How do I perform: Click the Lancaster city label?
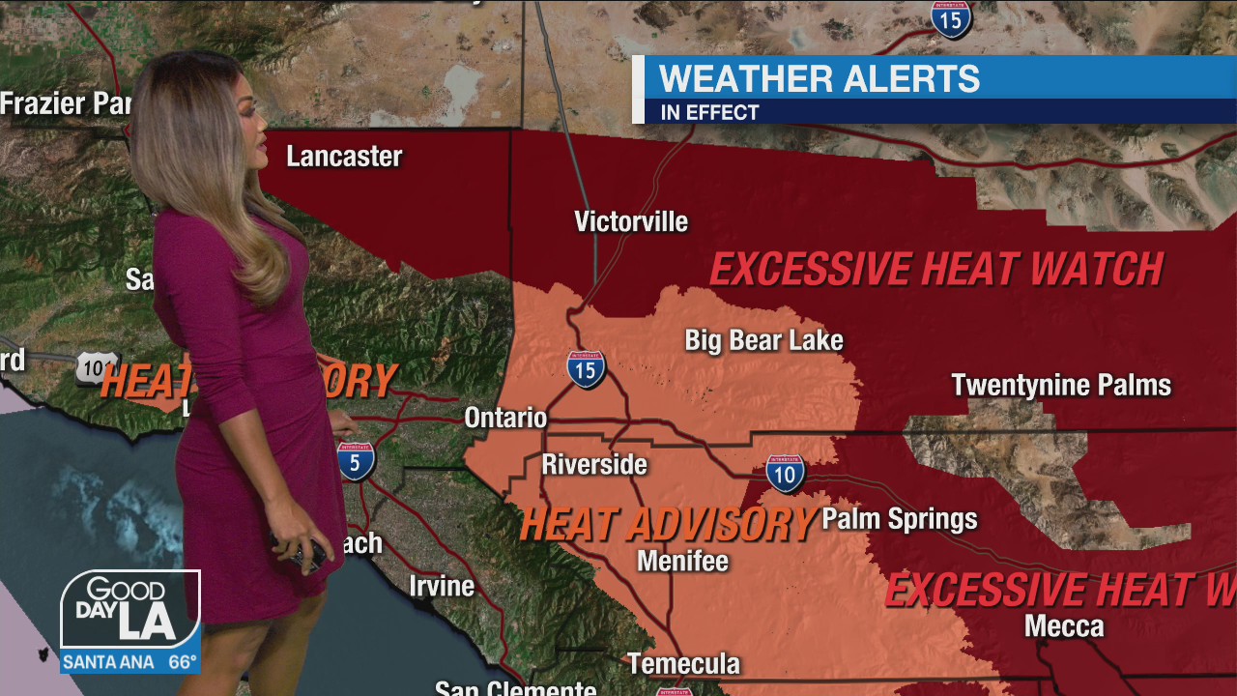point(344,157)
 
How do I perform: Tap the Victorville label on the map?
point(631,221)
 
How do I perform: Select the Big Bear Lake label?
point(763,340)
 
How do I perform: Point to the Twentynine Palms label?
point(1061,385)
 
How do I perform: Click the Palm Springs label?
point(899,519)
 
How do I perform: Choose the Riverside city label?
point(593,464)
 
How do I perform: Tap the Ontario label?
point(505,418)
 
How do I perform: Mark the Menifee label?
point(682,561)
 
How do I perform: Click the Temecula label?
point(683,664)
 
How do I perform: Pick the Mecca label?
point(1064,626)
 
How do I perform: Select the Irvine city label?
point(442,586)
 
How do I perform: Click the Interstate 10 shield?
point(786,474)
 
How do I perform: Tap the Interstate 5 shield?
point(356,462)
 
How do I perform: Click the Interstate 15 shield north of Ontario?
point(587,369)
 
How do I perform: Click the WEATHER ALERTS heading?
point(819,78)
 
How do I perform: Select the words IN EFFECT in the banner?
point(709,112)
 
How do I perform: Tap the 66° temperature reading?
point(183,662)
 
